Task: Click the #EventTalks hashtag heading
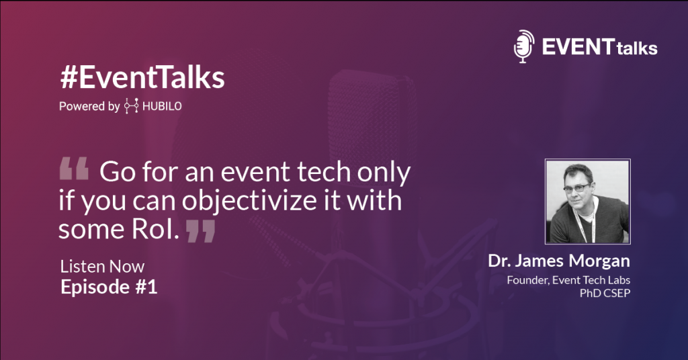pyautogui.click(x=142, y=78)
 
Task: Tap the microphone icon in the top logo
pyautogui.click(x=524, y=46)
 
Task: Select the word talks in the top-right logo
pyautogui.click(x=637, y=48)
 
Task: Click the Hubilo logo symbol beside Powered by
pyautogui.click(x=131, y=105)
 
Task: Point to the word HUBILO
pyautogui.click(x=162, y=107)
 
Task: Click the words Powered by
pyautogui.click(x=89, y=107)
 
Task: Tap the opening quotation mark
pyautogui.click(x=74, y=169)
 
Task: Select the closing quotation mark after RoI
pyautogui.click(x=200, y=231)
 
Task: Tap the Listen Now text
pyautogui.click(x=102, y=267)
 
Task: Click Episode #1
pyautogui.click(x=109, y=287)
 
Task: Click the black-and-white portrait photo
pyautogui.click(x=587, y=201)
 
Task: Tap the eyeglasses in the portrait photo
pyautogui.click(x=577, y=188)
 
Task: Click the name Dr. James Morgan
pyautogui.click(x=559, y=261)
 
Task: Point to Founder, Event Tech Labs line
pyautogui.click(x=568, y=280)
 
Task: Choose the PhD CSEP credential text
pyautogui.click(x=605, y=294)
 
